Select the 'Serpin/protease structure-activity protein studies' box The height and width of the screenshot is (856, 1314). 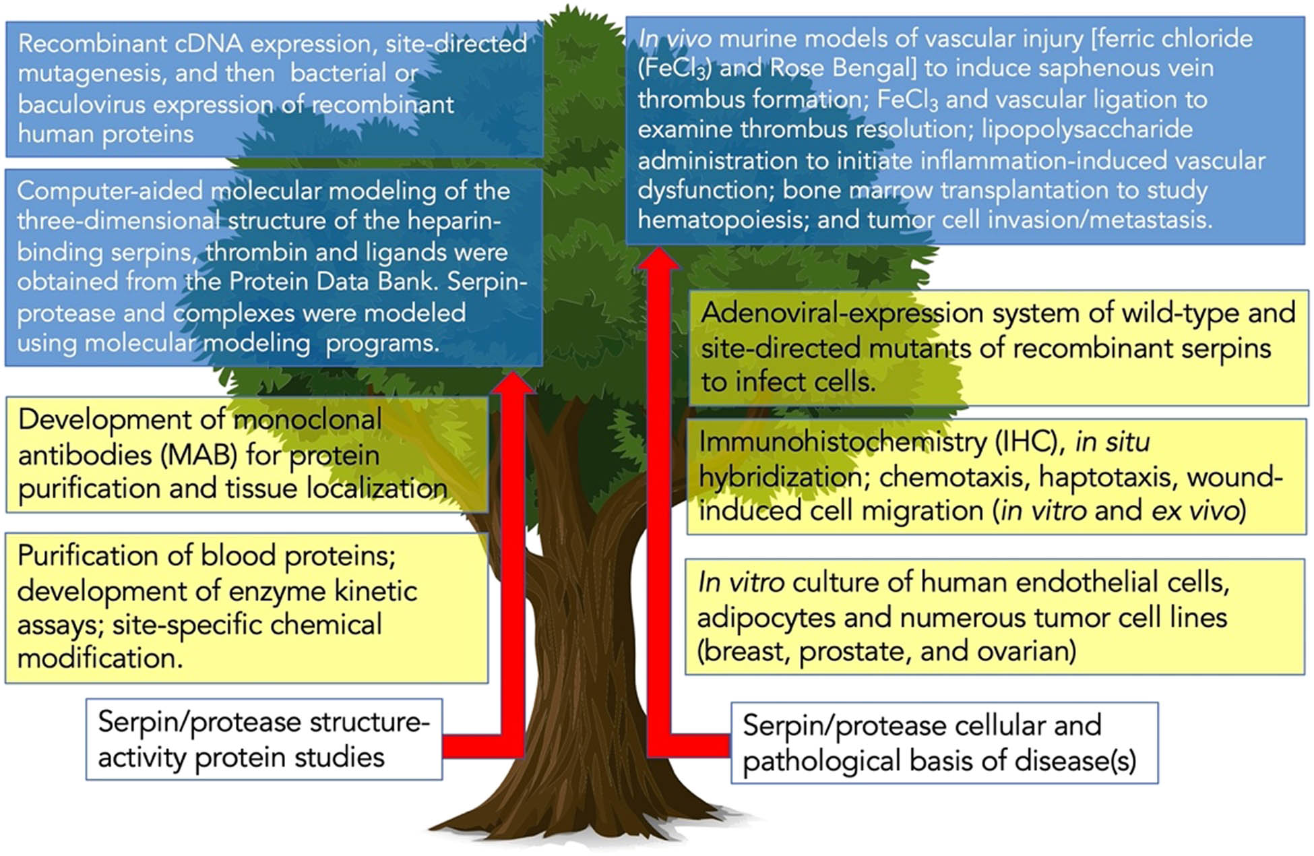tap(263, 739)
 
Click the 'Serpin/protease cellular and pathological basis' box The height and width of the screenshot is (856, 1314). tap(943, 743)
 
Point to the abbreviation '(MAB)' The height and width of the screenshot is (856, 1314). tap(199, 456)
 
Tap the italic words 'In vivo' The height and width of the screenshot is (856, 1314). tap(675, 39)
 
